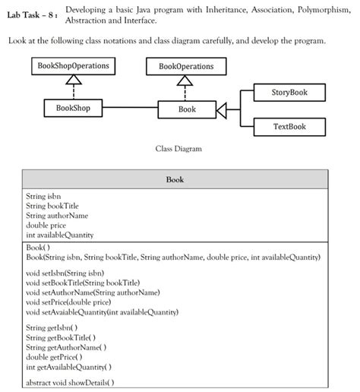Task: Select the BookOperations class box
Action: click(186, 66)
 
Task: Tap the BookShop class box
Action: click(73, 109)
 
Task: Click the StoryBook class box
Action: click(289, 92)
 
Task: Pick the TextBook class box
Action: click(289, 126)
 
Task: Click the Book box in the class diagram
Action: click(187, 109)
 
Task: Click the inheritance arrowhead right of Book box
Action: click(223, 110)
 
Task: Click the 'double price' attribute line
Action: click(46, 226)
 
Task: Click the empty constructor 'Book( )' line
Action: click(38, 248)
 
